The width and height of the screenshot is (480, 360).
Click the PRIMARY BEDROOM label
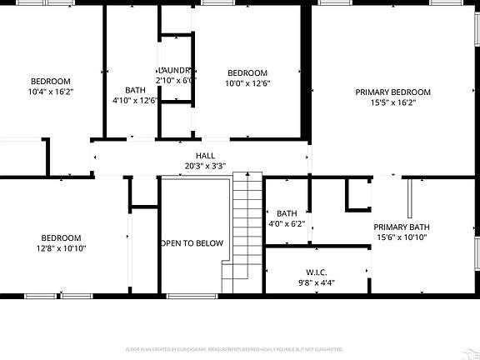pos(392,92)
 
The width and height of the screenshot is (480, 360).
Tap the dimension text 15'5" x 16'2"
pos(392,102)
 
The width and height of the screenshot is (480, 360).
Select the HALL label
pos(205,155)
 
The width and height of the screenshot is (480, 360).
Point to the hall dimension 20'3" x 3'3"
pos(205,166)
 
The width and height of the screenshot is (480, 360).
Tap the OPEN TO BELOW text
pos(192,243)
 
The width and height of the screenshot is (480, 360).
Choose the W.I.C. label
pos(316,272)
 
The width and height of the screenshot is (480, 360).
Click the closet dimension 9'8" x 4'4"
pos(316,282)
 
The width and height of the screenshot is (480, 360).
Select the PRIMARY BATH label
pos(401,227)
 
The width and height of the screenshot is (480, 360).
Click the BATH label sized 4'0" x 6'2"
pos(287,212)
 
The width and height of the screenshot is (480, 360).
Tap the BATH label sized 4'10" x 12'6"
pos(135,90)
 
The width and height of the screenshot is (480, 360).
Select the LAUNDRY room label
pos(175,70)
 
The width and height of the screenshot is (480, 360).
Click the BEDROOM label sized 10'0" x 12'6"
pos(247,72)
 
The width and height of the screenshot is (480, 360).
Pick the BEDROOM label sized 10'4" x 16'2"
pos(51,81)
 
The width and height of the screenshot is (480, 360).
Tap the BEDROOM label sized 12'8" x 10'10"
pos(62,237)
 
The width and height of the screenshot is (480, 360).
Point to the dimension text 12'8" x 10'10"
pos(62,248)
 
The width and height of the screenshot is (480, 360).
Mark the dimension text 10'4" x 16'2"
pos(51,92)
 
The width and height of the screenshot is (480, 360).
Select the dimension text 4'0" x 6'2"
pos(287,223)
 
